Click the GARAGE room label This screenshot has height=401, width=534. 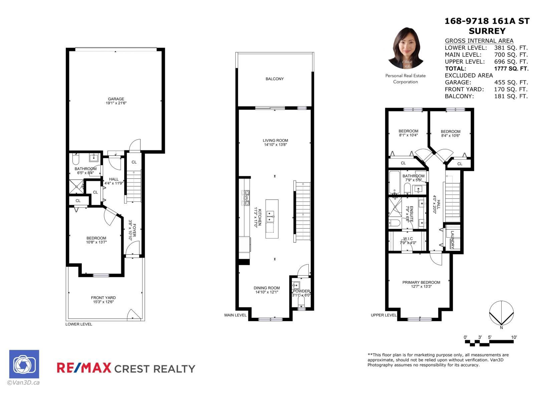click(x=116, y=99)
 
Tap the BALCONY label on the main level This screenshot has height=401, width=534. click(x=275, y=79)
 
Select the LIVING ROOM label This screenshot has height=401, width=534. click(x=275, y=141)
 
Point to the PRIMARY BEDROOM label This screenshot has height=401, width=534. click(x=421, y=282)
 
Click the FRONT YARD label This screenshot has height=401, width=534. click(x=103, y=298)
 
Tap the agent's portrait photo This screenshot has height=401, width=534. click(x=406, y=48)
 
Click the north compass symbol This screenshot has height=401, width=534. click(x=501, y=313)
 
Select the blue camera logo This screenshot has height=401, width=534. click(x=24, y=364)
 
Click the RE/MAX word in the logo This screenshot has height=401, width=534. click(x=84, y=368)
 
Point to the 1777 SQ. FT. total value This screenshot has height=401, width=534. click(x=511, y=69)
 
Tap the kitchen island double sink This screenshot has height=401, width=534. click(x=270, y=217)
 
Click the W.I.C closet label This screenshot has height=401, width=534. click(x=408, y=239)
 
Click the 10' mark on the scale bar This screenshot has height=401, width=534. click(x=514, y=338)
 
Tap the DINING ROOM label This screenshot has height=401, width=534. click(x=267, y=288)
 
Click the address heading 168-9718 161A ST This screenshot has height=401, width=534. click(x=487, y=21)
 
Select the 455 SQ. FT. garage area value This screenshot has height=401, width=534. click(x=511, y=83)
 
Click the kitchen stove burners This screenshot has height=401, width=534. click(x=246, y=198)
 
